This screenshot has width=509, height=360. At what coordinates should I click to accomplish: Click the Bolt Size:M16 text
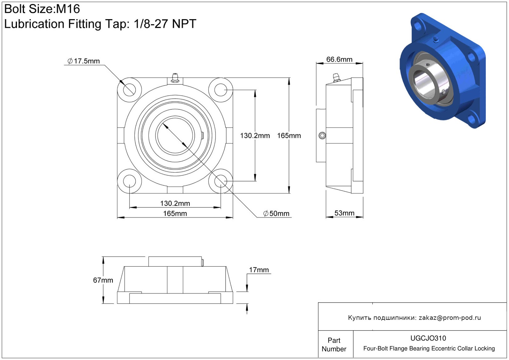42,9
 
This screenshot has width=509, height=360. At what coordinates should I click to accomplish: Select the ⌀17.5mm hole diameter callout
84,61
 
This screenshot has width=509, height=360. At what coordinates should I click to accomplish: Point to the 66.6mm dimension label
339,59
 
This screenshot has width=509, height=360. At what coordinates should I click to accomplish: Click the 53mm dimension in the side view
344,213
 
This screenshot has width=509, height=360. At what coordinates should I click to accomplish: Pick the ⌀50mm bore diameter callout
276,214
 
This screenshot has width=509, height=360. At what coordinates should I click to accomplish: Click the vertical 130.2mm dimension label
255,136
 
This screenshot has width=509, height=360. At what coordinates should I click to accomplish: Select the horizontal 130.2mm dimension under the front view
175,203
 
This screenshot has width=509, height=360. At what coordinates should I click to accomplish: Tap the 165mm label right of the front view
289,136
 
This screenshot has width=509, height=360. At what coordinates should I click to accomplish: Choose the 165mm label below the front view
175,214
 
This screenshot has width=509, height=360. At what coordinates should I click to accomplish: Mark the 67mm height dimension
103,280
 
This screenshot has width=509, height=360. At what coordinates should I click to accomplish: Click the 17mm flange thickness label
259,270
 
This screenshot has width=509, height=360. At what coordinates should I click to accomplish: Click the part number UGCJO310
428,338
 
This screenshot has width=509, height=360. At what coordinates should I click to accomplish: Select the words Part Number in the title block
334,345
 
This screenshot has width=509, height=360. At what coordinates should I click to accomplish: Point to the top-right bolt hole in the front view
221,90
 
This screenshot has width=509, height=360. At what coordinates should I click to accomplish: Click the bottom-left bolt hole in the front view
129,181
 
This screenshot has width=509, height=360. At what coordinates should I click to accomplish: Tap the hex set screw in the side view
322,136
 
